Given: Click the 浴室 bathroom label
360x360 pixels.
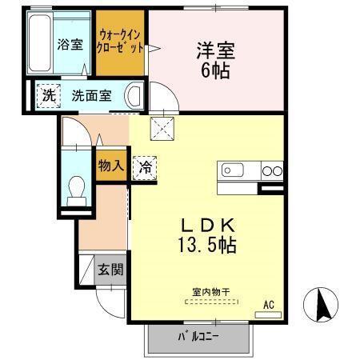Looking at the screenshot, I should pos(70,45).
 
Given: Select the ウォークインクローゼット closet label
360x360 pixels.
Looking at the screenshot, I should pos(121,41).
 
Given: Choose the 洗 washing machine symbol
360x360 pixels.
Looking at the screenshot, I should pos(49,95).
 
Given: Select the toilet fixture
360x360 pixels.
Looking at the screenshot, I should pos(78,188).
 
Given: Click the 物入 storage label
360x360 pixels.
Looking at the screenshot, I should pos(111,166).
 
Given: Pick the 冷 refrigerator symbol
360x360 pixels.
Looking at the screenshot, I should pos(146,167).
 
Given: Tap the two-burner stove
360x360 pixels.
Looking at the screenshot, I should pos(273,170).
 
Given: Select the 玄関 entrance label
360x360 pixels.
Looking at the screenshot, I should pos(111,270).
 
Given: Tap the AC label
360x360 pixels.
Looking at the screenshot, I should pos(269,304).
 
